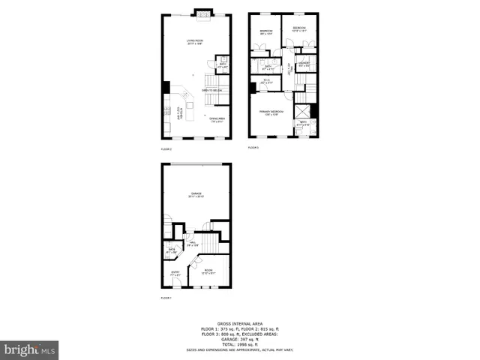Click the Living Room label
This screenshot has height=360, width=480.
pyautogui.click(x=195, y=42)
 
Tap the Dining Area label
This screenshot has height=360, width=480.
pyautogui.click(x=217, y=119)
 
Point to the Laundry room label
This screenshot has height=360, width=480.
pyautogui.click(x=303, y=65)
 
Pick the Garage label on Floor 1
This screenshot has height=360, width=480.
pyautogui.click(x=196, y=195)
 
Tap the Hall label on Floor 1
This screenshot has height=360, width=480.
pyautogui.click(x=192, y=244)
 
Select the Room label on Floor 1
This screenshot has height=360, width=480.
pyautogui.click(x=208, y=271)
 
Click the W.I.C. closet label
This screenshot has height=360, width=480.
pyautogui.click(x=266, y=82)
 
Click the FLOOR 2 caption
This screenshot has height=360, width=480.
pyautogui.click(x=166, y=148)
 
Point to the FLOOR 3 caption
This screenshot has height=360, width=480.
pyautogui.click(x=253, y=148)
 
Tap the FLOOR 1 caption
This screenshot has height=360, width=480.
pyautogui.click(x=166, y=298)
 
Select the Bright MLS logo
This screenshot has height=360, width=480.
pyautogui.click(x=29, y=349)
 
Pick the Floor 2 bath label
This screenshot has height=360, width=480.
pyautogui.click(x=223, y=65)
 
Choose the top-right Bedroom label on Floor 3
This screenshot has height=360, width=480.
pyautogui.click(x=299, y=29)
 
